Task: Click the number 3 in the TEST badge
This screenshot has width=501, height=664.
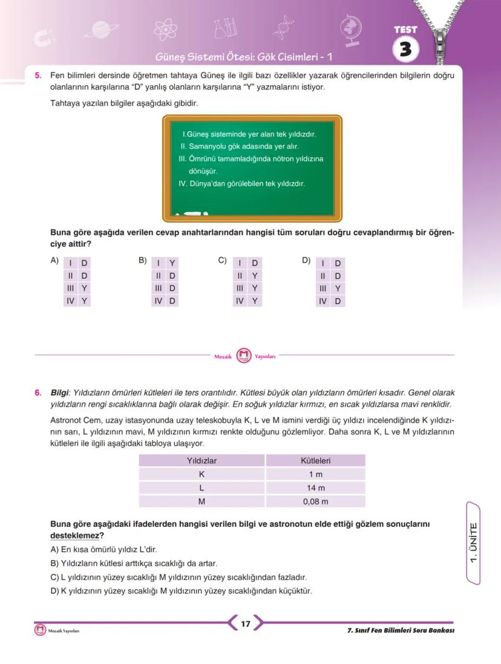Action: (405, 50)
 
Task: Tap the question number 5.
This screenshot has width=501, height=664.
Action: (38, 76)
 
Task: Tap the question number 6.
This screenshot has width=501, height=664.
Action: (38, 392)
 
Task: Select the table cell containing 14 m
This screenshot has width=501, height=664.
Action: (315, 488)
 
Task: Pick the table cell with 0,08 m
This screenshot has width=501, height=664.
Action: (315, 501)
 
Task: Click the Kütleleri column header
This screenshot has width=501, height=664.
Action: (315, 461)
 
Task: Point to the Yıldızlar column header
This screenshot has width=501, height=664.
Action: (201, 461)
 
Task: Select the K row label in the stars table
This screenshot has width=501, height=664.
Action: (201, 475)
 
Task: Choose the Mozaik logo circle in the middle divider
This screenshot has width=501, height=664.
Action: (243, 356)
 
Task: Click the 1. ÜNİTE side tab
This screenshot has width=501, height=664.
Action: (475, 542)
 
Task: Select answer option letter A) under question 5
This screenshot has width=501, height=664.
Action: (54, 261)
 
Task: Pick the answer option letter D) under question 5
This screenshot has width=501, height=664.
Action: (306, 261)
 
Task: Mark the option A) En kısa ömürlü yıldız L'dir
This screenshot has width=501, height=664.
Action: (103, 550)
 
